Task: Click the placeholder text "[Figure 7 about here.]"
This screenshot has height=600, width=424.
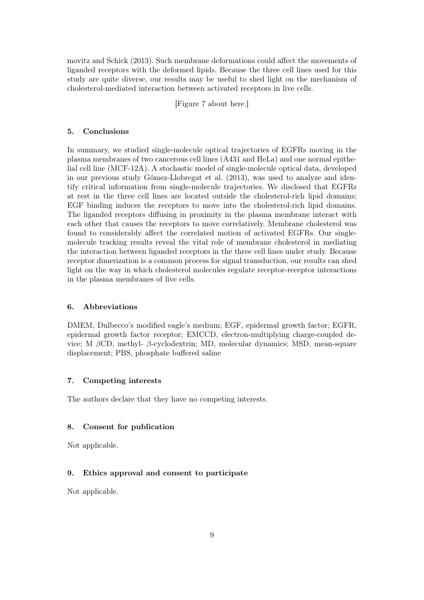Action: click(212, 104)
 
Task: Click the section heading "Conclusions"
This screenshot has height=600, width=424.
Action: click(106, 131)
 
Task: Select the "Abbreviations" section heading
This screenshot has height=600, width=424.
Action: click(110, 307)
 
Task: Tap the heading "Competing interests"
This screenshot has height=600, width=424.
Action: click(122, 381)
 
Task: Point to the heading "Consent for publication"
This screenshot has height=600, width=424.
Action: click(128, 427)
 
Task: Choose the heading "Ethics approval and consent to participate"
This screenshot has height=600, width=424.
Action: click(165, 473)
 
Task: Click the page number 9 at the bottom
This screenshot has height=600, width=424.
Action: click(212, 535)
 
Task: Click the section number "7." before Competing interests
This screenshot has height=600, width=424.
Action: click(70, 381)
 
